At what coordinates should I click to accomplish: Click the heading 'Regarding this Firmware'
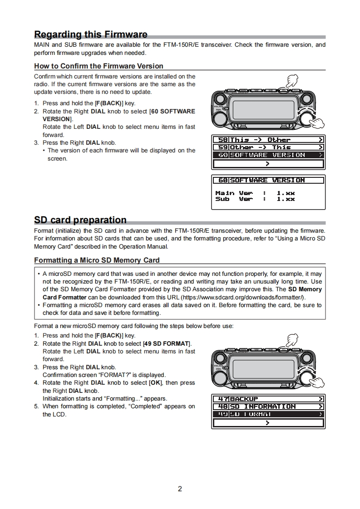coord(91,34)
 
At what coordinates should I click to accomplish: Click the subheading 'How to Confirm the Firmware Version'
coord(99,66)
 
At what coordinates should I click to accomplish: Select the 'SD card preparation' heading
coord(80,220)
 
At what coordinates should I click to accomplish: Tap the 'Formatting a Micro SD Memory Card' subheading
coord(97,260)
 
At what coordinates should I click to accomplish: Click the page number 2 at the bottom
coord(180,489)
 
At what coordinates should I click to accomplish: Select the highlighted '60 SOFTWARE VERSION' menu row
coord(268,155)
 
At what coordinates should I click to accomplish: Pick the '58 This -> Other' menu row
coord(268,140)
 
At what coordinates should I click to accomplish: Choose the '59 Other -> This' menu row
coord(268,147)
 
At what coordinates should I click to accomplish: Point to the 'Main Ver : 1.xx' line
coord(255,193)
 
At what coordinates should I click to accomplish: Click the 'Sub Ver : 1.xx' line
coord(255,199)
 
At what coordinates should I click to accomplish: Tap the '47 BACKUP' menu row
coord(268,399)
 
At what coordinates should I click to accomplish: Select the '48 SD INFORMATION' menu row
coord(268,407)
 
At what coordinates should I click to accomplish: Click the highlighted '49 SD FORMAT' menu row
coord(268,414)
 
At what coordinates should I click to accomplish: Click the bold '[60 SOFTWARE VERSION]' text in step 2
coord(173,111)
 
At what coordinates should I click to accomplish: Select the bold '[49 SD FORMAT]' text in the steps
coord(167,343)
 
